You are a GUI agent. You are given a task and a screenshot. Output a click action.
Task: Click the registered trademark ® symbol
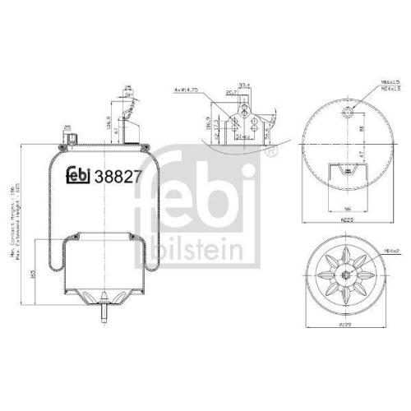[x=273, y=152]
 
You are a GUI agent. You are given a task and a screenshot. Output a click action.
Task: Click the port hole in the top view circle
[x=349, y=112]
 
